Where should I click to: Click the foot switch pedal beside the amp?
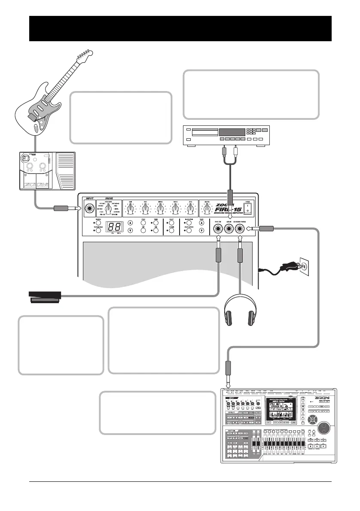[x=45, y=297]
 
